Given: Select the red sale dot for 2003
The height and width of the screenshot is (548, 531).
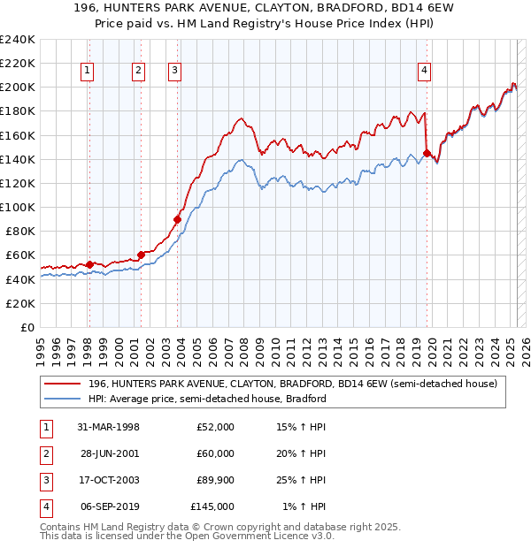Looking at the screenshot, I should (178, 219).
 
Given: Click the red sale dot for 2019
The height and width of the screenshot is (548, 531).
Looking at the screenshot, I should (427, 153).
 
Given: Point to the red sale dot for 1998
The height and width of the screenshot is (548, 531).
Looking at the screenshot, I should (89, 264).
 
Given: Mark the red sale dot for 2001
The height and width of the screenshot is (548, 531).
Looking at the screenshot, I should (141, 255).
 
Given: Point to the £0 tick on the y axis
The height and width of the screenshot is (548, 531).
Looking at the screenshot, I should (28, 327).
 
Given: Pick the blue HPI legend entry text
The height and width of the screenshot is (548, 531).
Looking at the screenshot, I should (207, 399).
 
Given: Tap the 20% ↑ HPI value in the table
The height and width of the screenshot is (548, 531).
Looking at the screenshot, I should (301, 453).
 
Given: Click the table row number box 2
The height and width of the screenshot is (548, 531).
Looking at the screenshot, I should (44, 453).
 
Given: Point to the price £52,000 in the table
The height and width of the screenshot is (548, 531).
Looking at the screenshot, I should (215, 427).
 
